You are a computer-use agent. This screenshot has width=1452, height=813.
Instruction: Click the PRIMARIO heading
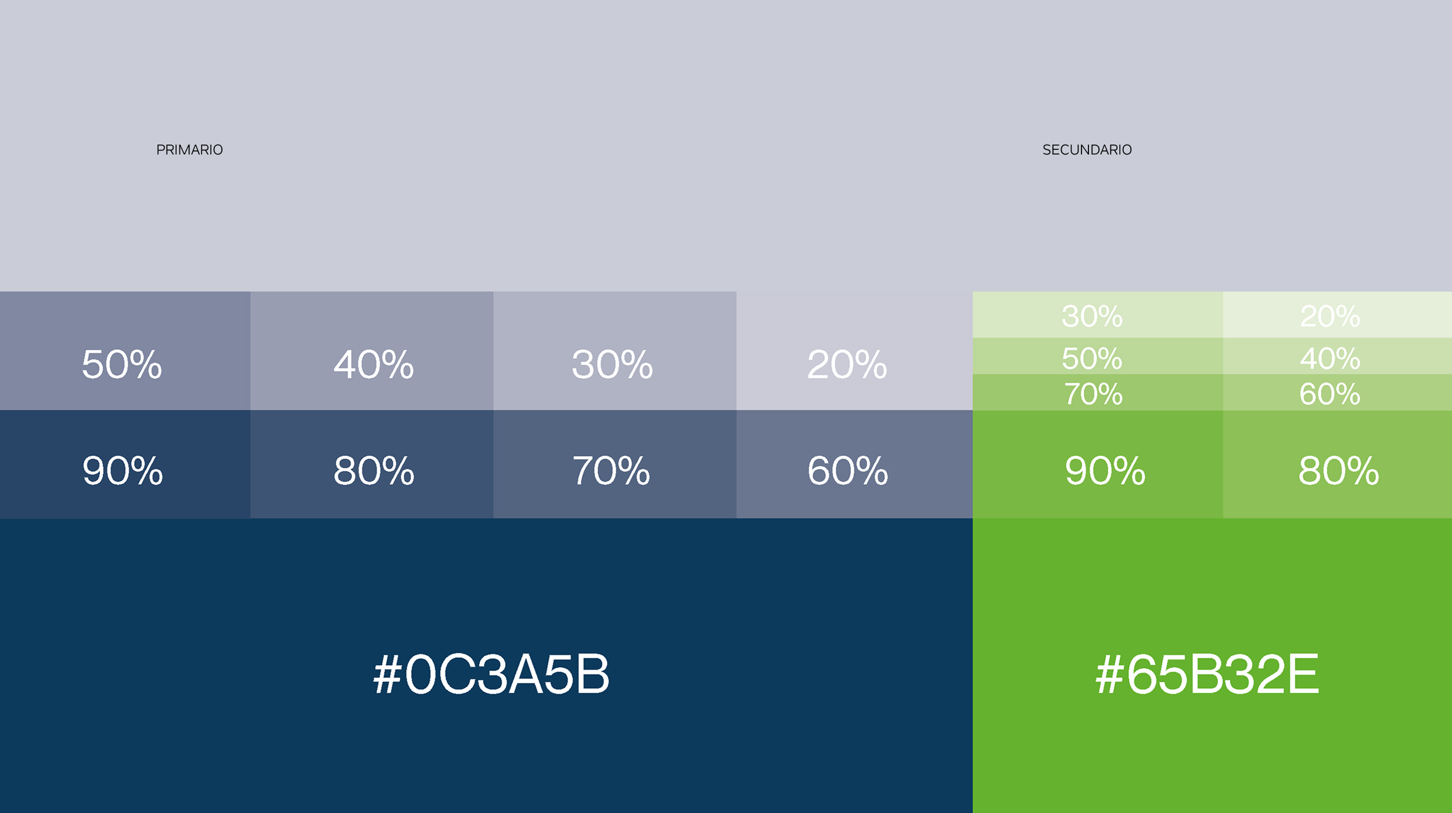tap(189, 150)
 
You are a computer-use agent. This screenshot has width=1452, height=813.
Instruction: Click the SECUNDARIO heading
tap(1087, 150)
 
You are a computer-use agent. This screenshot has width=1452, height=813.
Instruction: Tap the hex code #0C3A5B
tap(491, 674)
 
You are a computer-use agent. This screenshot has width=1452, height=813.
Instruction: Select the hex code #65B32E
tap(1207, 674)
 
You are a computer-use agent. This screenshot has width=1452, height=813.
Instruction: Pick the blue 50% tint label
tap(122, 365)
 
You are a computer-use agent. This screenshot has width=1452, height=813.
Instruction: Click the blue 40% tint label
tap(373, 365)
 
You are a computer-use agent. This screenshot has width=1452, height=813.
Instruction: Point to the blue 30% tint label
tap(612, 365)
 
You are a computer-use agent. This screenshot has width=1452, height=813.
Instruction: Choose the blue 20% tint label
tap(847, 365)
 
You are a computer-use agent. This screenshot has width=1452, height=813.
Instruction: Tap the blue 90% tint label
tap(123, 470)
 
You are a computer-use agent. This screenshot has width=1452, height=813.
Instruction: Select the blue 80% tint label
tap(374, 470)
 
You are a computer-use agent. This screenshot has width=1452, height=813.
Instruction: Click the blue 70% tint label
tap(612, 470)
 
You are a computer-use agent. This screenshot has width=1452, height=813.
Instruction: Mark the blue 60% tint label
tap(848, 470)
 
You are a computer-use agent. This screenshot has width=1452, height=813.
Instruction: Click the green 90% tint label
tap(1105, 470)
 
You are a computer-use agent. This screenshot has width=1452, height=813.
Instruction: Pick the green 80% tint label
tap(1339, 470)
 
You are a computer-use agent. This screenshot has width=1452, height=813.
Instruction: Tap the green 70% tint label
tap(1093, 394)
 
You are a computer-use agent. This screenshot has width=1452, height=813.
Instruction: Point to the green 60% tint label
tap(1330, 394)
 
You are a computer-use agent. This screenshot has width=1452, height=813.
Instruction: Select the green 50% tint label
tap(1092, 358)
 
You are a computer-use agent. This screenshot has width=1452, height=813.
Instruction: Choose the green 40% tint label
tap(1330, 358)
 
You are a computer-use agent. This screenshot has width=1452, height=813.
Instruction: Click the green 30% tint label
tap(1092, 316)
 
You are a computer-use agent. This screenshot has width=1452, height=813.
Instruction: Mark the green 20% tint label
tap(1330, 316)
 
